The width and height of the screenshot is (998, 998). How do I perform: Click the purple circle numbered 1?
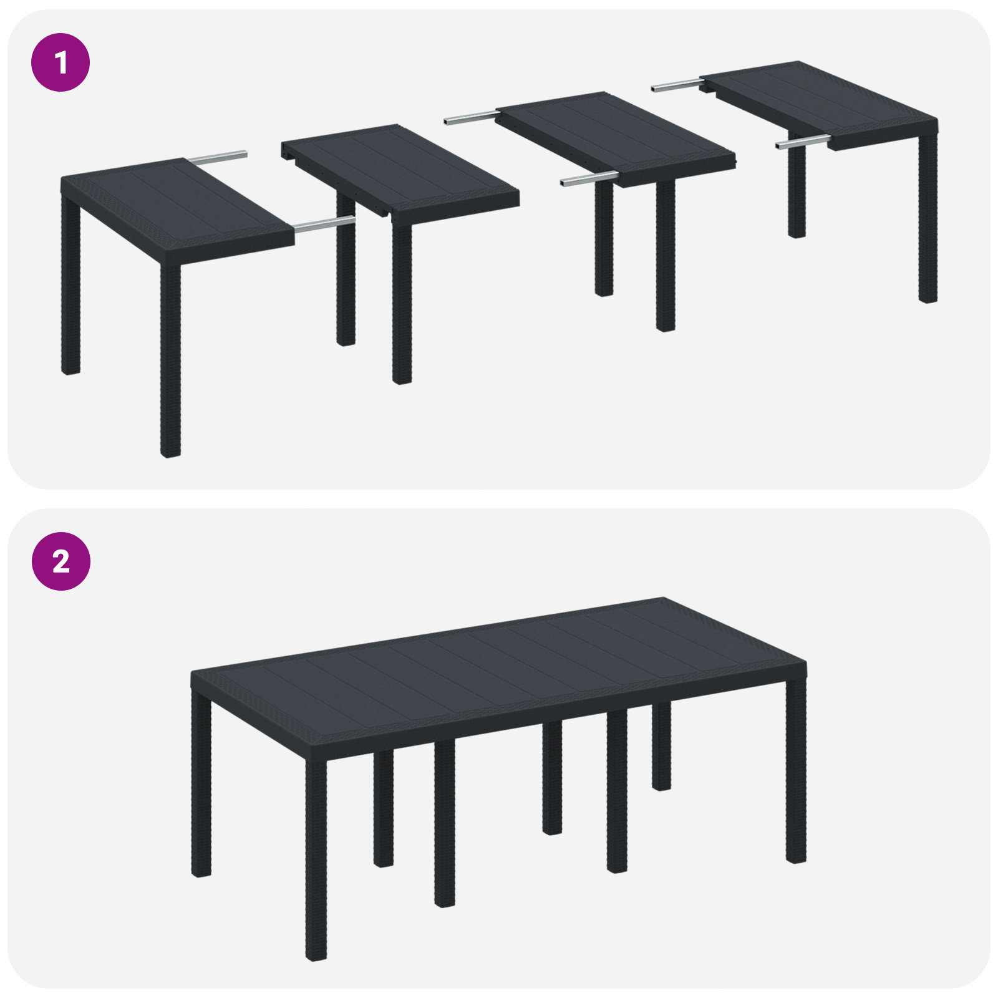(61, 62)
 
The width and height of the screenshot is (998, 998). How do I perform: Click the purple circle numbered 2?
(61, 561)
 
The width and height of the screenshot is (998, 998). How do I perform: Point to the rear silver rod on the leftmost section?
(218, 157)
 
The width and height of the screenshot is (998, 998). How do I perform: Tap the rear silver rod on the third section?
(471, 117)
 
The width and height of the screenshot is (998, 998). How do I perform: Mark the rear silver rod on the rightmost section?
(676, 85)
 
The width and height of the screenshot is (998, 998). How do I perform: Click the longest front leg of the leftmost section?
(170, 362)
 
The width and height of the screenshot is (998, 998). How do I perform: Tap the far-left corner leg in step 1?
(70, 287)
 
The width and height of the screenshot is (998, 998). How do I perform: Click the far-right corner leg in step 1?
(928, 218)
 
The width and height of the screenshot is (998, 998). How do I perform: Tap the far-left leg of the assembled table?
(201, 786)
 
